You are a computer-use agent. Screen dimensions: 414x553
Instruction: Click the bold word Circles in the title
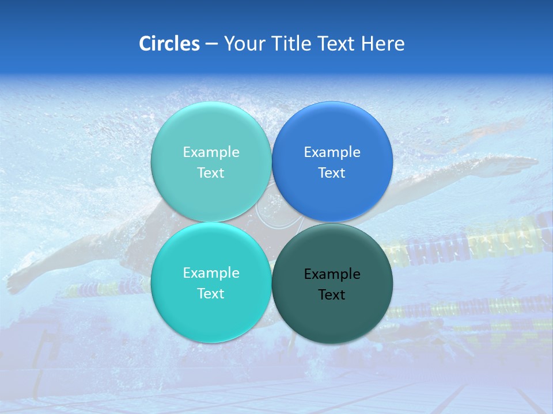[x=169, y=44]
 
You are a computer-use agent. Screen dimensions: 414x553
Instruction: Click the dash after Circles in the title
[x=211, y=44]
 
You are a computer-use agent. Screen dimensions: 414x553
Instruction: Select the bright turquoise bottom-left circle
[x=211, y=316]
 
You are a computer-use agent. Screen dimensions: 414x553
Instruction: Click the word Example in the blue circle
[x=332, y=152]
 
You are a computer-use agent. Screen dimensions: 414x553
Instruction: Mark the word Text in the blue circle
[x=332, y=172]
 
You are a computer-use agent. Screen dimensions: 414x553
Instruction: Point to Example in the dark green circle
[x=332, y=274]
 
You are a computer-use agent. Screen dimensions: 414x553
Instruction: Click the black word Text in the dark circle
[x=332, y=294]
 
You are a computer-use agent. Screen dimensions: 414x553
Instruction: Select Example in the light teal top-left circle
[x=211, y=152]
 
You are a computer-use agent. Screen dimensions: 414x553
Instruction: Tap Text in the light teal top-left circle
[x=211, y=172]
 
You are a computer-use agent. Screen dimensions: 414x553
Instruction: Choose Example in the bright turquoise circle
[x=211, y=273]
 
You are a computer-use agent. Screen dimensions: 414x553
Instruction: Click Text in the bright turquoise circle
[x=211, y=293]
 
